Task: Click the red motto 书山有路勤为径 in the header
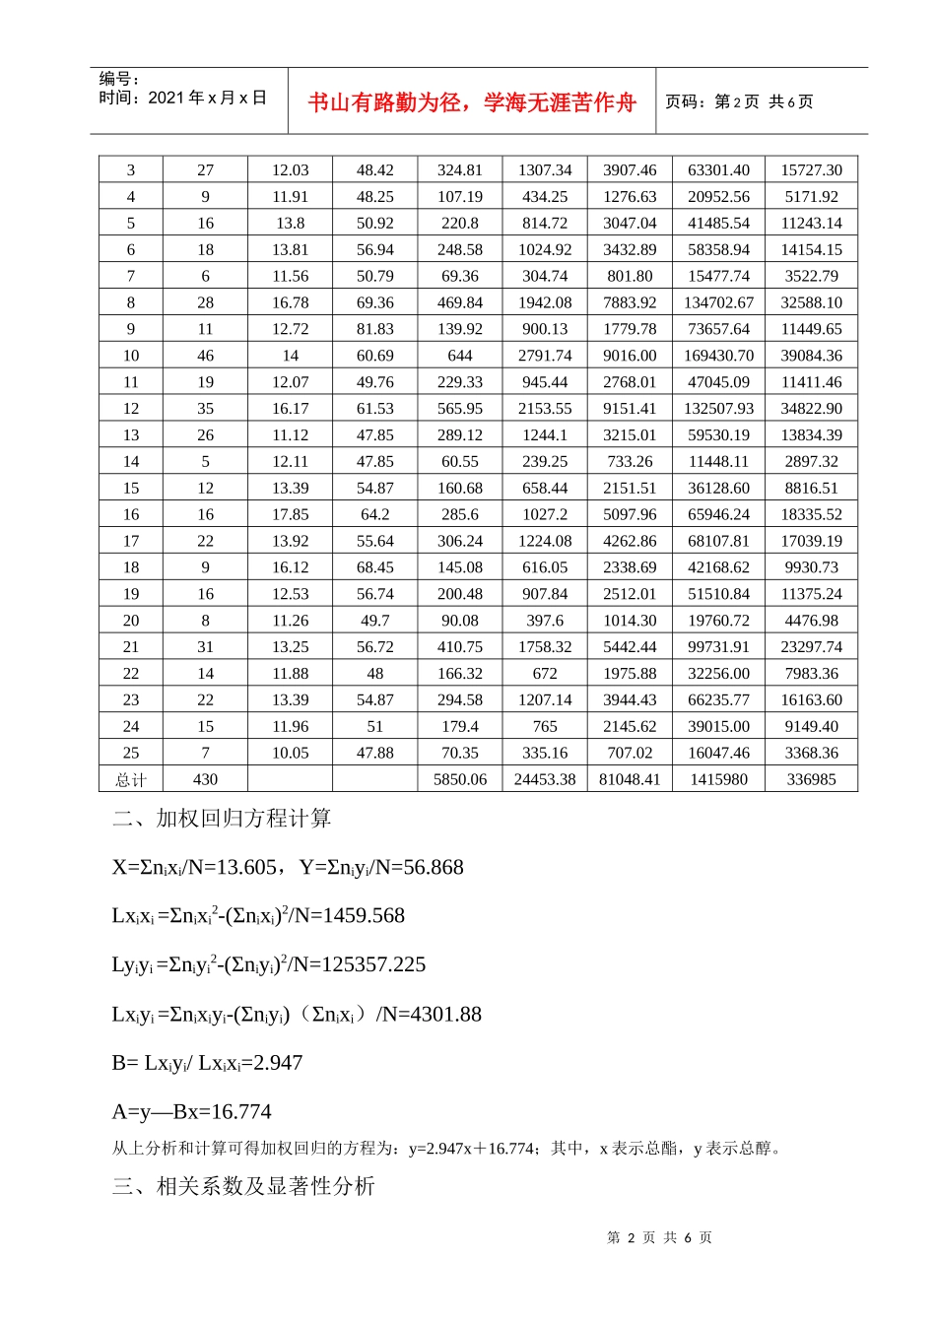click(472, 102)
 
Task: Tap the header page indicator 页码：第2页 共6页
click(739, 101)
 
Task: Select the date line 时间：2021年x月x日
click(183, 98)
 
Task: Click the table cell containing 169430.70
click(718, 356)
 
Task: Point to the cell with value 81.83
click(374, 329)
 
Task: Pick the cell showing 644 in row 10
click(460, 356)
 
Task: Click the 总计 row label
click(131, 779)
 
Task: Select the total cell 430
click(205, 779)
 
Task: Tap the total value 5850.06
click(460, 779)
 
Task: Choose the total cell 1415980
click(718, 779)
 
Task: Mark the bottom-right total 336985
click(811, 779)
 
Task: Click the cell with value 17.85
click(290, 514)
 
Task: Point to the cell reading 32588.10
click(811, 302)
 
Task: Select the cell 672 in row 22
click(545, 673)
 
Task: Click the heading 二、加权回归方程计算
click(222, 819)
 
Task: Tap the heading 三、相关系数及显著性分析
click(243, 1186)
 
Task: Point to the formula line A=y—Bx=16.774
click(191, 1112)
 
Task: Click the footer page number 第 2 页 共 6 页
click(659, 1237)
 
